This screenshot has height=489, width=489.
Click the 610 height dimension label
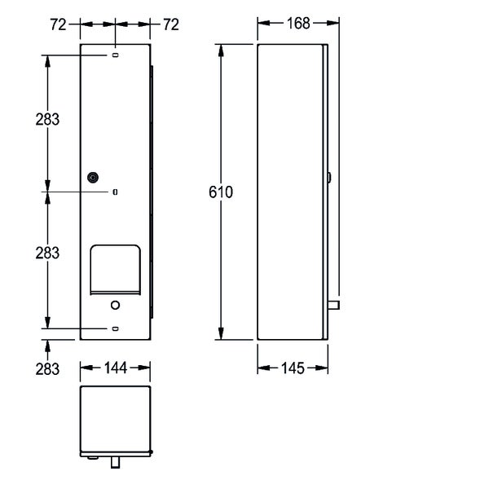click(x=221, y=192)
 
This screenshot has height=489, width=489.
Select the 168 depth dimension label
click(x=298, y=24)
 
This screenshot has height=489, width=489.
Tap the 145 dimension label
click(x=293, y=368)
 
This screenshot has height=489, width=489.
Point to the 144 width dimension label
click(x=116, y=368)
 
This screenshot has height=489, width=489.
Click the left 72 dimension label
click(x=59, y=24)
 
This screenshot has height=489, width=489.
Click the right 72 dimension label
click(x=171, y=24)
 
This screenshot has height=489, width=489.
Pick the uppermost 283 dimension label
click(x=47, y=120)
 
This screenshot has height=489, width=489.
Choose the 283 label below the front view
click(x=47, y=369)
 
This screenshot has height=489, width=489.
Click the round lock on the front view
click(x=93, y=178)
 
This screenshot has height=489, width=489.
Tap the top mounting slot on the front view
click(x=115, y=55)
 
